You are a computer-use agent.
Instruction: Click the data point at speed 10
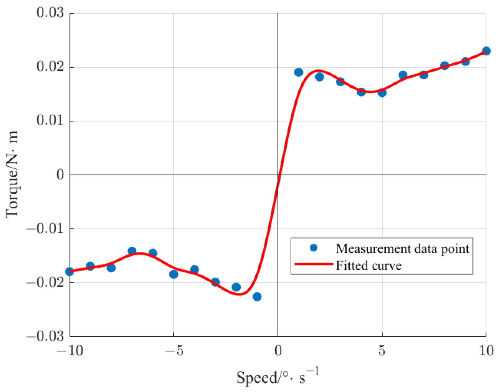486,51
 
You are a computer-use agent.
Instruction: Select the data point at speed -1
257,297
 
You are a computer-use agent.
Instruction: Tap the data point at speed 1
299,72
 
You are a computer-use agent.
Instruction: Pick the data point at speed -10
70,272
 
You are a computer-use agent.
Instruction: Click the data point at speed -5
174,274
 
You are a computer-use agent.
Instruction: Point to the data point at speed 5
382,93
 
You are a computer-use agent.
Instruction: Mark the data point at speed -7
132,251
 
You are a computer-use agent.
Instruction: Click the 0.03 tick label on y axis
50,13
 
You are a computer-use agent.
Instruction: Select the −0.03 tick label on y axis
45,337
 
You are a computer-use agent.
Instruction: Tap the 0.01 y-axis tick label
50,121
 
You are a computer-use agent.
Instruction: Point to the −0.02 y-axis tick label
45,283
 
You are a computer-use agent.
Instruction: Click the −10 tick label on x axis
70,351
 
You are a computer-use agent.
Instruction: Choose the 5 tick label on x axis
382,351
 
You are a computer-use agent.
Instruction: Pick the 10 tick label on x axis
486,351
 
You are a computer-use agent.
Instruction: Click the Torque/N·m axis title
12,175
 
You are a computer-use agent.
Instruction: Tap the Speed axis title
277,377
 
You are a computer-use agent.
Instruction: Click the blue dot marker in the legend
314,248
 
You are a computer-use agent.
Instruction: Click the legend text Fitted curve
369,265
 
